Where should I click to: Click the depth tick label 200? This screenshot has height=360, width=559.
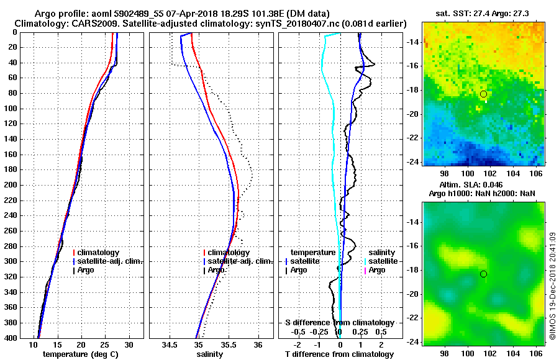coord(13,185)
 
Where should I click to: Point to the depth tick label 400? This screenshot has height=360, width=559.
coord(13,338)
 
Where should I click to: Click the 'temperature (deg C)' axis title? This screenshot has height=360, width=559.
coord(81,354)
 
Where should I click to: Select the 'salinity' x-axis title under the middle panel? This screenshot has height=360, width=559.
coord(210,354)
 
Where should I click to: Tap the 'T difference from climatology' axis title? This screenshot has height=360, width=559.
coord(339,354)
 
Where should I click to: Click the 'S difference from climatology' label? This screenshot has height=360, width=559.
coord(339,323)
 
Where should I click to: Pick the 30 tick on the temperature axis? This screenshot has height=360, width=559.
coord(129,344)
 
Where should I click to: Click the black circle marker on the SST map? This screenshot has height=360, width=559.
coord(483,94)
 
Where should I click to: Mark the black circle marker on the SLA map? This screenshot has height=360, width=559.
coord(483,274)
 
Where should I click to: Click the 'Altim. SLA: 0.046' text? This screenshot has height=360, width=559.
coord(471,185)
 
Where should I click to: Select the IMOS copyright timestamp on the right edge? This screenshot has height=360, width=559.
coord(552,287)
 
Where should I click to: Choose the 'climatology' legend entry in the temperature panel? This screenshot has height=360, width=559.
coord(99,253)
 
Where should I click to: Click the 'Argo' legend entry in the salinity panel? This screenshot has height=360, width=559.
coord(217,270)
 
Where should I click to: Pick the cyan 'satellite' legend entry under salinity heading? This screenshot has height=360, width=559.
coord(383,261)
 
